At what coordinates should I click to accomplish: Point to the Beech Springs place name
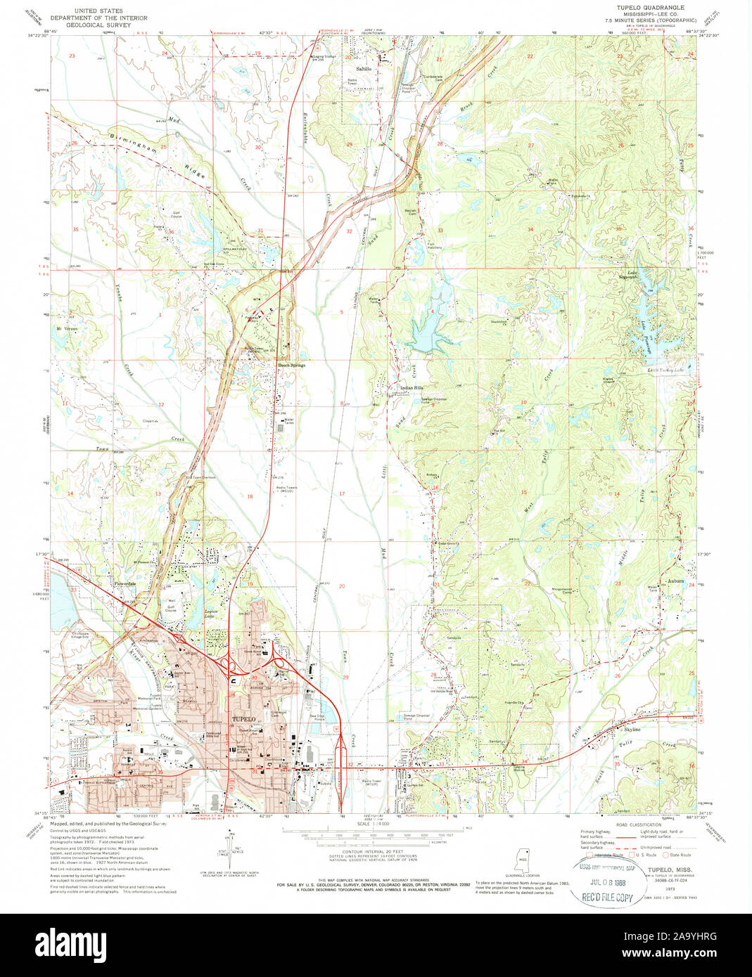(x=288, y=365)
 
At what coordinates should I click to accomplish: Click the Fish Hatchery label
(x=435, y=246)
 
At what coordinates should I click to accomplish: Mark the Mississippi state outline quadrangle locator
(x=523, y=858)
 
